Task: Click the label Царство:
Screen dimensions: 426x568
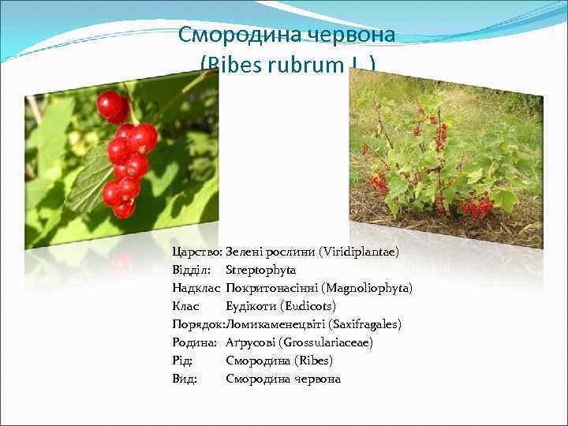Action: [x=196, y=252]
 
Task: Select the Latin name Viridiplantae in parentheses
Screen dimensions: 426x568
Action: [x=359, y=252]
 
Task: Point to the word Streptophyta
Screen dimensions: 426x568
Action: [x=260, y=270]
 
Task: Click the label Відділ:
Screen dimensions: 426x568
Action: [x=191, y=270]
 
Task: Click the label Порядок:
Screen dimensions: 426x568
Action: [x=198, y=324]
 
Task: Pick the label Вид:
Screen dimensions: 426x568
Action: [x=185, y=379]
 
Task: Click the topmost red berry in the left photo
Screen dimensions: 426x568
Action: [x=112, y=105]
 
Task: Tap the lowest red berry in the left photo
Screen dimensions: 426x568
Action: [x=124, y=210]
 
